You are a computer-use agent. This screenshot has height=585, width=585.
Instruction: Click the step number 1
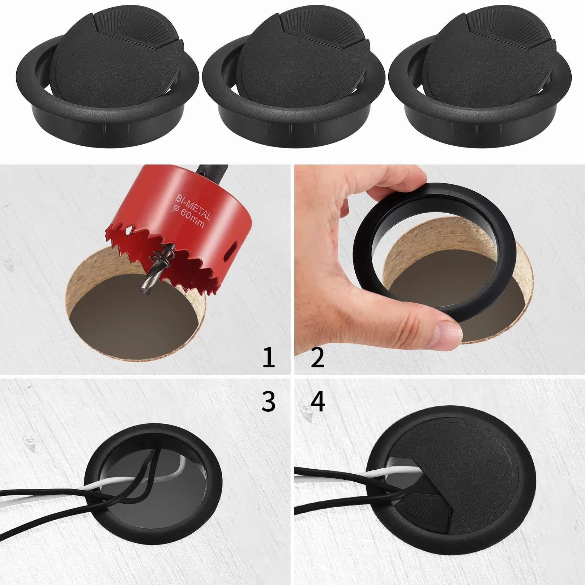point(269,357)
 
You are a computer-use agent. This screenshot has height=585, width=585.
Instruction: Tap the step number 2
point(317,357)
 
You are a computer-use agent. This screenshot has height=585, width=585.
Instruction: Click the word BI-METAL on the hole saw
point(193,207)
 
